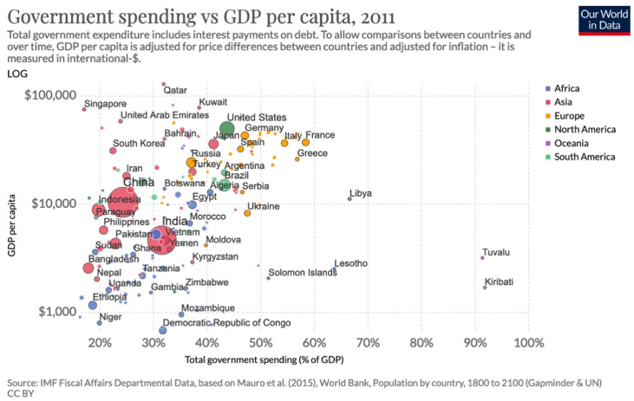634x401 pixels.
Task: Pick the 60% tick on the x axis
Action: (314, 343)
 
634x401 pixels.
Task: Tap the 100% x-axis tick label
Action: (527, 343)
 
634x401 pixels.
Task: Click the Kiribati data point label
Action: (499, 281)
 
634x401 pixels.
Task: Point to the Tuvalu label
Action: (496, 253)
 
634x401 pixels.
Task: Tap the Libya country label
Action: (361, 193)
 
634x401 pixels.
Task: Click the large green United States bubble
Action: (227, 130)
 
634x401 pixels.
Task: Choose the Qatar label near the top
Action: (175, 90)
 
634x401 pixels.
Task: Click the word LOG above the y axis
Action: (17, 74)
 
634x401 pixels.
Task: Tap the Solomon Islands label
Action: (303, 273)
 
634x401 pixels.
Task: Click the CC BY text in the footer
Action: (21, 392)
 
